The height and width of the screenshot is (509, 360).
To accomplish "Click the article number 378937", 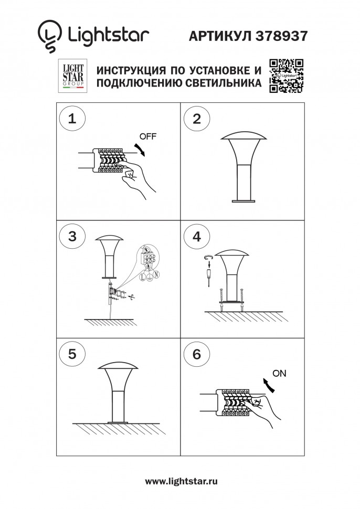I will pos(281,35).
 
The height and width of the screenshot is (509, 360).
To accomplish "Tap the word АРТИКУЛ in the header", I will pos(219,35).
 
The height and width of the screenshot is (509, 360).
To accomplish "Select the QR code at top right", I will pos(287,76).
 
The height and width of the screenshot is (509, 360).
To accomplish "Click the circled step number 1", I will pos(72,118).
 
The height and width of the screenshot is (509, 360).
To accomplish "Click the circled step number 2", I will pos(197,118).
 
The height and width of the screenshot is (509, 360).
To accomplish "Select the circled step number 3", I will pos(72,236).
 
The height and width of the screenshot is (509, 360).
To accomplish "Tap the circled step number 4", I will pos(197,236).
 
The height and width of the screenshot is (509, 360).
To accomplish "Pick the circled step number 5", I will pos(72,354).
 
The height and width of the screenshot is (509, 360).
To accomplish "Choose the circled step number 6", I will pos(197,354).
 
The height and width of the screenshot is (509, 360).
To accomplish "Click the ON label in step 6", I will pos(280,374).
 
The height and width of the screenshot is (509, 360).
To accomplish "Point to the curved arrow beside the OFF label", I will pos(140,149).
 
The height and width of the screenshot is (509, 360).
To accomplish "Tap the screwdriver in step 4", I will pos(209,273).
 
